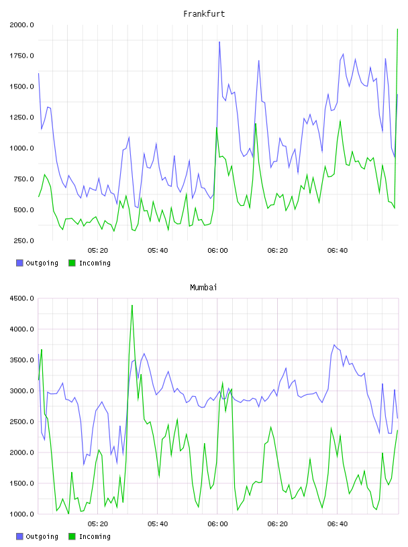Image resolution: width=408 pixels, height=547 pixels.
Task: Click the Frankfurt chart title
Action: (x=204, y=14)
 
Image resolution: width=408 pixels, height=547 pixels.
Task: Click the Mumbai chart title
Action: (x=203, y=288)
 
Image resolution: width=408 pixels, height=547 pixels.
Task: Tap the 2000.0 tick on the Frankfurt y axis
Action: (x=21, y=25)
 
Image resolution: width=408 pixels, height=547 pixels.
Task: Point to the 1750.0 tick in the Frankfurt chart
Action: (x=21, y=56)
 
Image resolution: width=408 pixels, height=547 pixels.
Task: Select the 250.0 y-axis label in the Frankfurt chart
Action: (x=23, y=241)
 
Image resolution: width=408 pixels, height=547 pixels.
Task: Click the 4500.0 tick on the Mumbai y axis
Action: (x=21, y=298)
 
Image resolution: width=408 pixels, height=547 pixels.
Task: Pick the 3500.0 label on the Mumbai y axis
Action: (x=21, y=360)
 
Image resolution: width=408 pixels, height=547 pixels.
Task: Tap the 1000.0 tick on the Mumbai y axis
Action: (x=21, y=514)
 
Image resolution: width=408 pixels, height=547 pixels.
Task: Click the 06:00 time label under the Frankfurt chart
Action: (x=217, y=251)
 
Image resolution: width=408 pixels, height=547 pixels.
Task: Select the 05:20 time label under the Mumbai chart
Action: (x=98, y=524)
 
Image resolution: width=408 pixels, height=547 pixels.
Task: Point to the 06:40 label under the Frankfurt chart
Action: (x=338, y=251)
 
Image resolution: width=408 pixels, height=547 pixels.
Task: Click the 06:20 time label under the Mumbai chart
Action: (x=278, y=524)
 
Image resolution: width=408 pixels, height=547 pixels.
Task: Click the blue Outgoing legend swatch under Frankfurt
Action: (x=19, y=263)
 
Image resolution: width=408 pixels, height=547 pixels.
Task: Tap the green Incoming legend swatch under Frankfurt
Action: (x=72, y=263)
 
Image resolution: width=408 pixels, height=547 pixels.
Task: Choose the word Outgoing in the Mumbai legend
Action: (x=42, y=537)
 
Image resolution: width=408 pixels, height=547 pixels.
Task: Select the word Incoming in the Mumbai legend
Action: (x=95, y=537)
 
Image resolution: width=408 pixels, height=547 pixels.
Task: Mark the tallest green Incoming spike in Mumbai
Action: (x=132, y=306)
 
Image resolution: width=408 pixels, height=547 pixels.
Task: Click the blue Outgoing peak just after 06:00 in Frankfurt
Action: (x=219, y=42)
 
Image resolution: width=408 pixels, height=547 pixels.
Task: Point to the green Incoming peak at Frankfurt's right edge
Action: (x=397, y=29)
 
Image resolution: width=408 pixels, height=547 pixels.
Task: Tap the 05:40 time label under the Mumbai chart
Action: (x=158, y=524)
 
